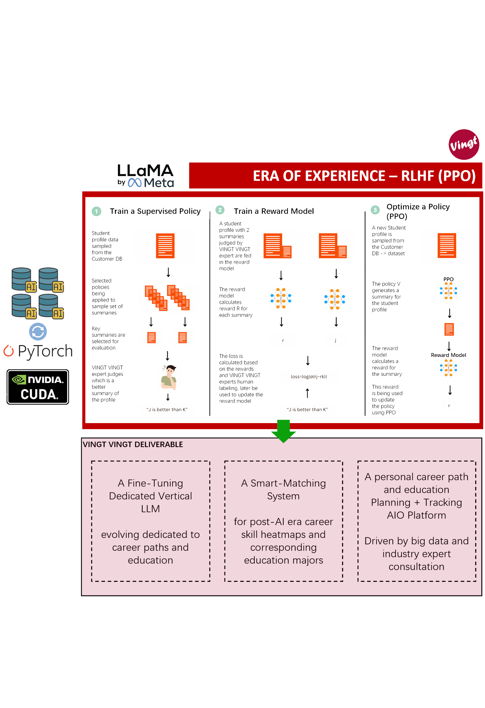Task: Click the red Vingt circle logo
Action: [463, 144]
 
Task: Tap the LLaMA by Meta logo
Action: [145, 176]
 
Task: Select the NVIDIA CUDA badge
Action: [38, 387]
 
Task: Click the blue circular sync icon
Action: [38, 331]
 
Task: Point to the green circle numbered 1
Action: [97, 211]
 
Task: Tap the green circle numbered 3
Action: [375, 210]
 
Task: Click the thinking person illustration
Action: [169, 378]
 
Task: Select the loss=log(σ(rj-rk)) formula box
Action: [309, 377]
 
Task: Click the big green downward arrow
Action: [283, 431]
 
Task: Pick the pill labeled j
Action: [335, 340]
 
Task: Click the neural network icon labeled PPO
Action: [448, 291]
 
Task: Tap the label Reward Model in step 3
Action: [448, 355]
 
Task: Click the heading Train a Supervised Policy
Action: [155, 211]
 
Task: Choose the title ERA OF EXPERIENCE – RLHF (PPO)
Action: [364, 176]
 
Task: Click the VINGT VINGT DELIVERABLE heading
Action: [133, 444]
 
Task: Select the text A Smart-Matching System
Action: [283, 489]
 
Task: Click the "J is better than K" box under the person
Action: [167, 409]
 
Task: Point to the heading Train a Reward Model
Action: [273, 211]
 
